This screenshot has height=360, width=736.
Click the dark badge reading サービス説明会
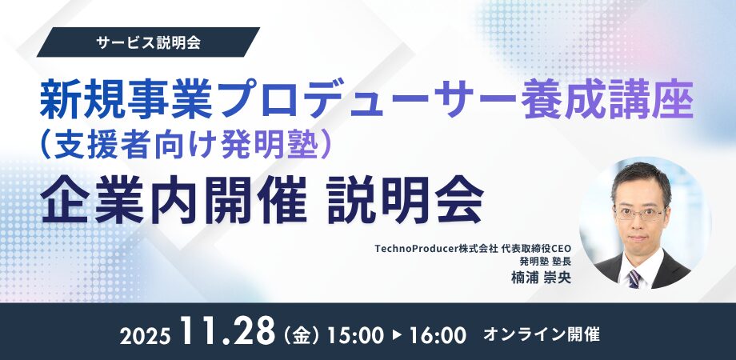[x=148, y=42]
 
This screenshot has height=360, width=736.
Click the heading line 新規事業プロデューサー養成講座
[x=366, y=101]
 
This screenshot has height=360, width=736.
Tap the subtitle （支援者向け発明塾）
[x=186, y=145]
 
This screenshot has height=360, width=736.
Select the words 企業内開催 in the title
[x=174, y=199]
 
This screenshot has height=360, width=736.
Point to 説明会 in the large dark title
[x=406, y=199]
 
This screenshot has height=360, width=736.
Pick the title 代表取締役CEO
[x=536, y=249]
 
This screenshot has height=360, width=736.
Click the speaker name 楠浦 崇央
[x=542, y=277]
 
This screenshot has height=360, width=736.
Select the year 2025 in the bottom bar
[x=145, y=336]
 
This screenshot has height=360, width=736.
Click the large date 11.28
[x=227, y=332]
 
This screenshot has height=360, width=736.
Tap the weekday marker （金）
[x=302, y=335]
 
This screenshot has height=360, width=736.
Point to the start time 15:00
[x=355, y=335]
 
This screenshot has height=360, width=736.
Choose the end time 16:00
[x=438, y=335]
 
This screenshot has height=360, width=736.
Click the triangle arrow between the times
[x=397, y=335]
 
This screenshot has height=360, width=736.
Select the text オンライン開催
[x=542, y=334]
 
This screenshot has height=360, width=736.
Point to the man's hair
[x=641, y=181]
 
